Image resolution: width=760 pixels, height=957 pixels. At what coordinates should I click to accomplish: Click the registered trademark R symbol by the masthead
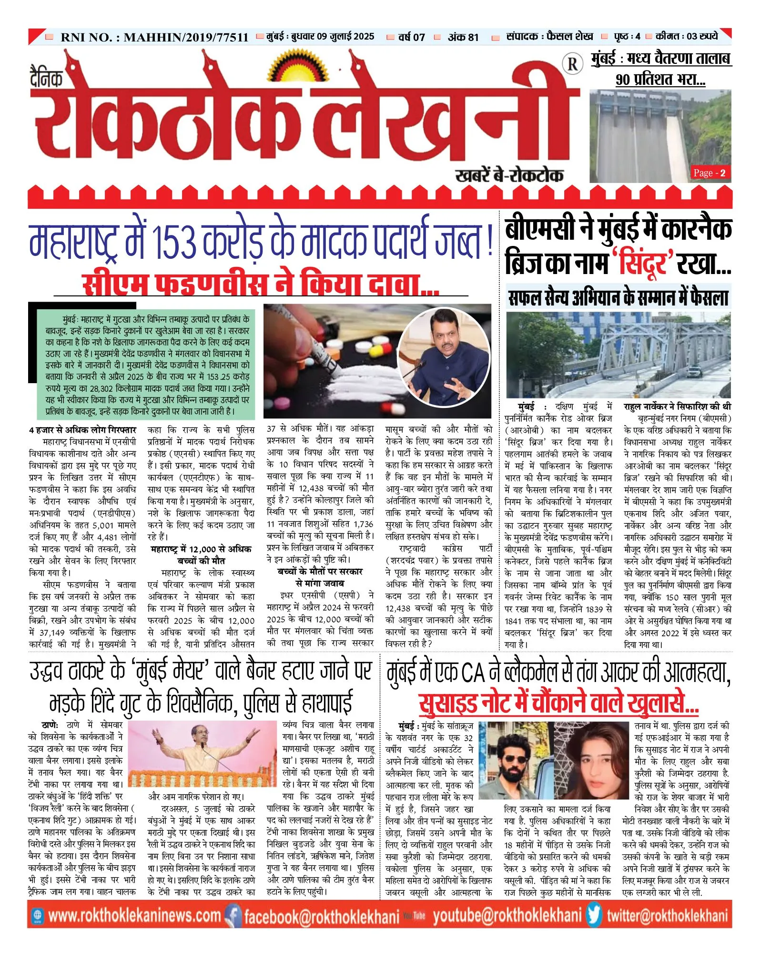[573, 64]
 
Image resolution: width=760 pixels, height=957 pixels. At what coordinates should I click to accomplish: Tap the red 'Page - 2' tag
[709, 173]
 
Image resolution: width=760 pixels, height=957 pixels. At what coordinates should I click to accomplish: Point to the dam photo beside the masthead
[660, 136]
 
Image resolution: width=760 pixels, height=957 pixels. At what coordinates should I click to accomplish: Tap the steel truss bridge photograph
[618, 355]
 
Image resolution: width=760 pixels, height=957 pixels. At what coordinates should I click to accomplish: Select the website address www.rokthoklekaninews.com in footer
[134, 916]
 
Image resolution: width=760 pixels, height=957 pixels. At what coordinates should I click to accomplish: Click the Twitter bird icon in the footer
[593, 915]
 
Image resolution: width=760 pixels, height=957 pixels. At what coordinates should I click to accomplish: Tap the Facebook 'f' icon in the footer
[233, 916]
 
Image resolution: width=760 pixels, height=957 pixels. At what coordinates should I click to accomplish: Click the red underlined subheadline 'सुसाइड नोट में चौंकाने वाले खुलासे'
[558, 702]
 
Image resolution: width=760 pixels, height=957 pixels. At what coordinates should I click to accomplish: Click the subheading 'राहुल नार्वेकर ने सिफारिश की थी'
[677, 407]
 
